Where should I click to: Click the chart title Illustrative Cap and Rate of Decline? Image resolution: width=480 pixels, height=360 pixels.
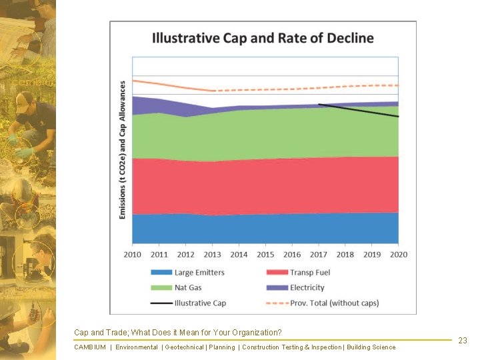[x=263, y=38]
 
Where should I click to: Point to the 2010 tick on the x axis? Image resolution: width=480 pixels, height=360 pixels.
[x=133, y=255]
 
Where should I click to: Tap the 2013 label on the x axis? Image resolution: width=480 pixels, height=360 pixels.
[x=212, y=255]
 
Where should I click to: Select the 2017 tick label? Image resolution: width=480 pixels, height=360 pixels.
[x=319, y=255]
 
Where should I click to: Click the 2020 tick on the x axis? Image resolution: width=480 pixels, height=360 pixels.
[x=399, y=255]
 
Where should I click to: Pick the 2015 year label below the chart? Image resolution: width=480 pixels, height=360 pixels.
[x=265, y=255]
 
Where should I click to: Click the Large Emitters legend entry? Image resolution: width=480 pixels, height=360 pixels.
[x=199, y=273]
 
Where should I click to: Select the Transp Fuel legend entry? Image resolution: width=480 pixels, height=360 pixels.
[x=309, y=273]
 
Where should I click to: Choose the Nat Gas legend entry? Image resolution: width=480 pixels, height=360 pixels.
[x=187, y=288]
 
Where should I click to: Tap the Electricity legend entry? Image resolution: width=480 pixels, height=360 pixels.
[x=307, y=288]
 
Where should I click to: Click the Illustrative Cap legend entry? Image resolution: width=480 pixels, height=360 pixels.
[x=199, y=303]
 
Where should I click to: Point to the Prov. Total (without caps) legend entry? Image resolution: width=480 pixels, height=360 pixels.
[x=334, y=303]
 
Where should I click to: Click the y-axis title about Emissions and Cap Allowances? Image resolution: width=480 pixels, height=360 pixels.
[x=123, y=150]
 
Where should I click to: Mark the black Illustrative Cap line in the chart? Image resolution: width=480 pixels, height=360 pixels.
[x=360, y=111]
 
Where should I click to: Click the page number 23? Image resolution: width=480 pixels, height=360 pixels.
[x=463, y=341]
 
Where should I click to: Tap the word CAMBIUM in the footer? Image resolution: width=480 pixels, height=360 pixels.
[x=90, y=347]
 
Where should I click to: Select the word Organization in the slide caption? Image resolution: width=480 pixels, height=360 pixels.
[x=256, y=333]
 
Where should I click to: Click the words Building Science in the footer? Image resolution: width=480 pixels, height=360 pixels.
[x=371, y=347]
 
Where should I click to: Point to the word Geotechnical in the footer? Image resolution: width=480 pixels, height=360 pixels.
[x=185, y=347]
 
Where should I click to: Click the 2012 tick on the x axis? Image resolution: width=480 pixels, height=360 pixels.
[x=186, y=255]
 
